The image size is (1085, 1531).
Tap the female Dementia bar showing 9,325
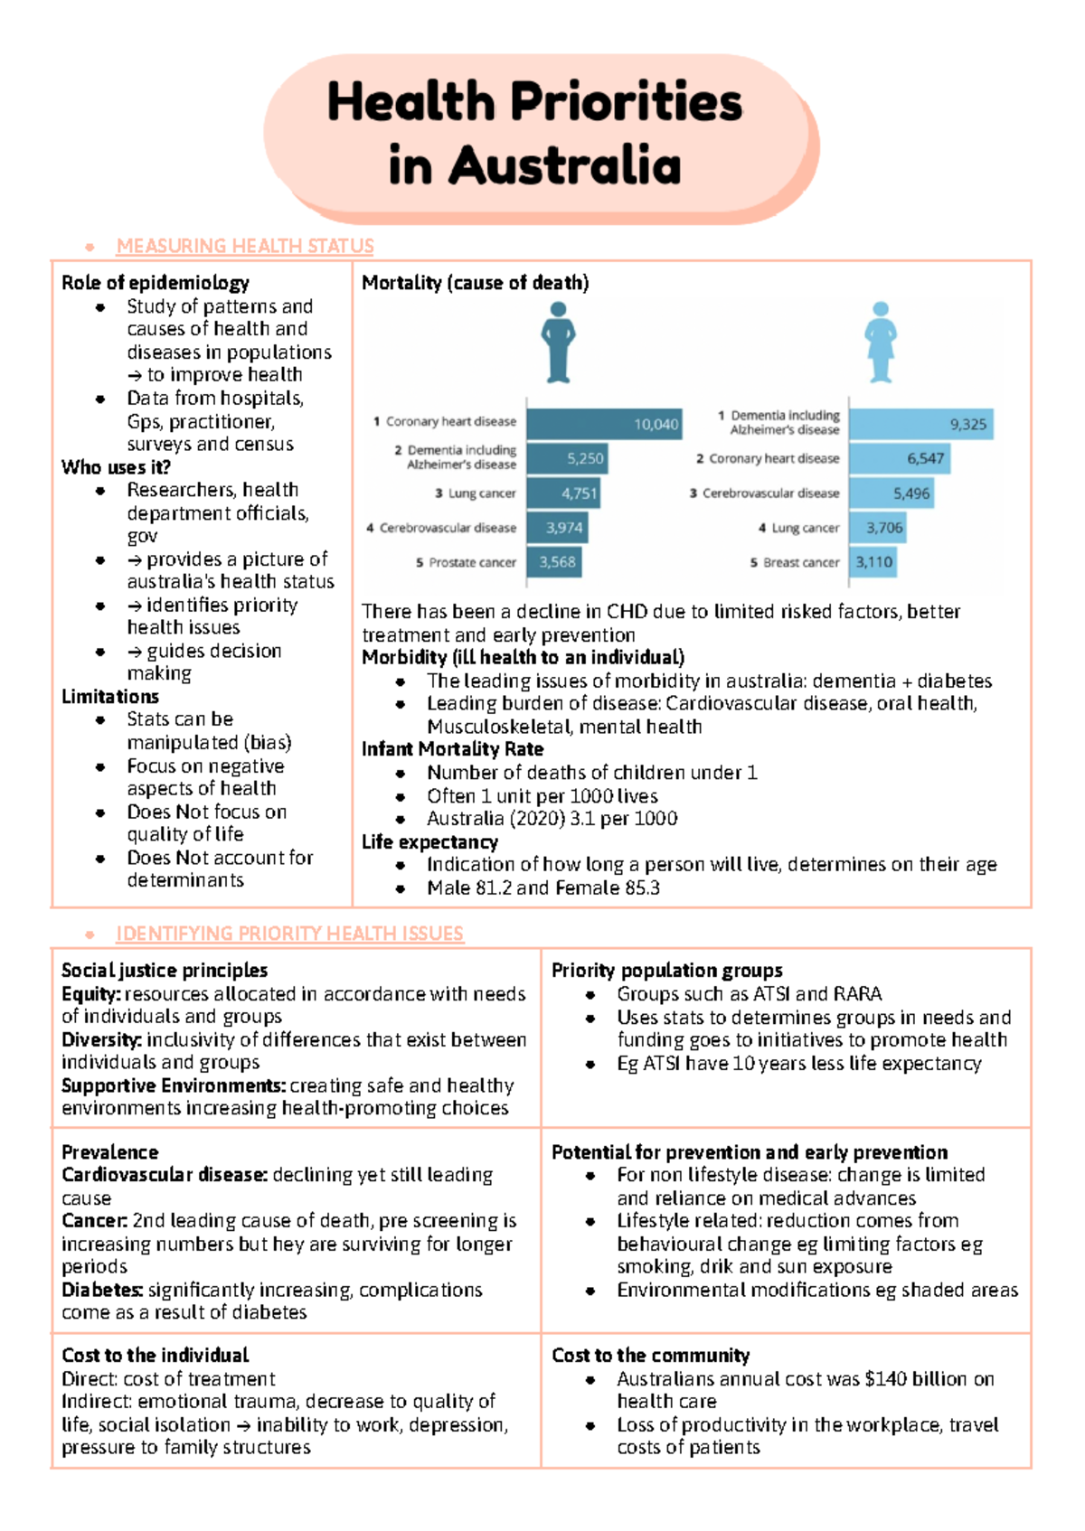pyautogui.click(x=920, y=424)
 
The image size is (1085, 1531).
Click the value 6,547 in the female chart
pyautogui.click(x=925, y=458)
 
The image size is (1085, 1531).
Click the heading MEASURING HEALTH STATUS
pyautogui.click(x=245, y=246)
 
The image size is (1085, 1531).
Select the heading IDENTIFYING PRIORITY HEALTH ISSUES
pyautogui.click(x=289, y=934)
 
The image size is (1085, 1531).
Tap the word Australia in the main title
pyautogui.click(x=564, y=165)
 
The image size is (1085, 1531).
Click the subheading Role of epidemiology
pyautogui.click(x=156, y=283)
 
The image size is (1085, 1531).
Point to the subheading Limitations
pyautogui.click(x=110, y=697)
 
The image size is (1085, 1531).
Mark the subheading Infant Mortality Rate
pyautogui.click(x=452, y=749)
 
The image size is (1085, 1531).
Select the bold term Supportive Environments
pyautogui.click(x=174, y=1085)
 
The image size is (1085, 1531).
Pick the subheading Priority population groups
pyautogui.click(x=667, y=971)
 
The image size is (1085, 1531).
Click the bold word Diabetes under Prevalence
pyautogui.click(x=102, y=1290)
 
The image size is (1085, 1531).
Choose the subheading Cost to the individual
pyautogui.click(x=156, y=1356)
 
